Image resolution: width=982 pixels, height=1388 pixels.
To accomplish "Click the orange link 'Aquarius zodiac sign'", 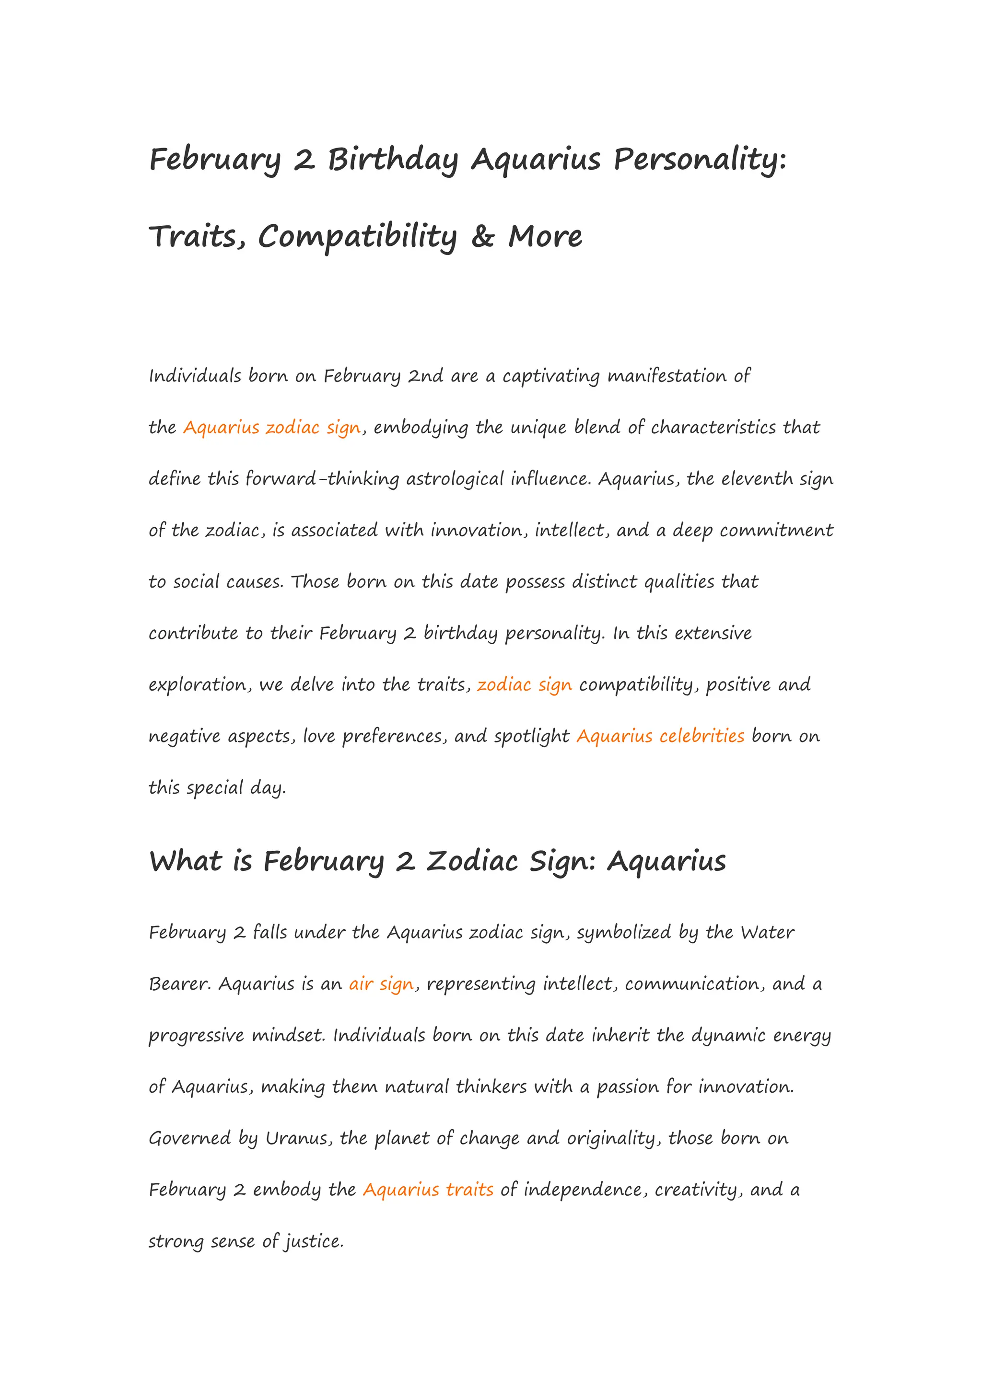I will pos(271,428).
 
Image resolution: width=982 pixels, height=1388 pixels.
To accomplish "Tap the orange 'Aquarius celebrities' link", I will pos(660,736).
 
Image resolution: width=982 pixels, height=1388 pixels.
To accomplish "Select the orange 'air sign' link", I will pos(381,983).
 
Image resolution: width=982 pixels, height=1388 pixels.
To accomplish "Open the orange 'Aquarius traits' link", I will pos(428,1189).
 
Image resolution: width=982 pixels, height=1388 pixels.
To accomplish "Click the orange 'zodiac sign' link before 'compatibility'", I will pos(524,684).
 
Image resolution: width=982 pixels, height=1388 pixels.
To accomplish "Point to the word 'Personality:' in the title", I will pos(700,160).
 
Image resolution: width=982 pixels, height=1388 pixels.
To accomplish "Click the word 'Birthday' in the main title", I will pos(393,160).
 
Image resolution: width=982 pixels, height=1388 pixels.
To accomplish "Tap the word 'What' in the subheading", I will pos(186,860).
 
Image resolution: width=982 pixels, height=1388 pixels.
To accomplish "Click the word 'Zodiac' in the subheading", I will pos(472,860).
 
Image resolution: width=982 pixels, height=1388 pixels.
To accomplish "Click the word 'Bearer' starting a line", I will pos(180,983).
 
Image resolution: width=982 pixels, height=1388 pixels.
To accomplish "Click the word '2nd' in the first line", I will pos(426,376).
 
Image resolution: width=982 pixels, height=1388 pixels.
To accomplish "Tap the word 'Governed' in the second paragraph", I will pos(190,1138).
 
